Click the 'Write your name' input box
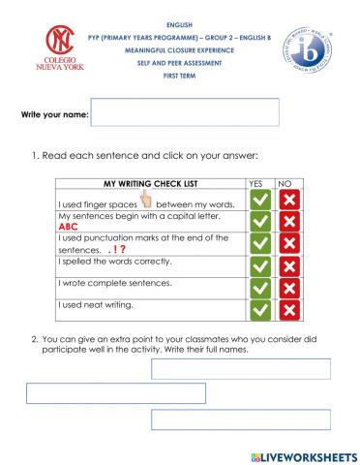(184, 112)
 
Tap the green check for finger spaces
(260, 200)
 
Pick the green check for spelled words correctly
(260, 264)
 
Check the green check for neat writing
(260, 309)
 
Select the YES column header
(255, 183)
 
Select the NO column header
(285, 183)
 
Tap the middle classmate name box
(115, 393)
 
